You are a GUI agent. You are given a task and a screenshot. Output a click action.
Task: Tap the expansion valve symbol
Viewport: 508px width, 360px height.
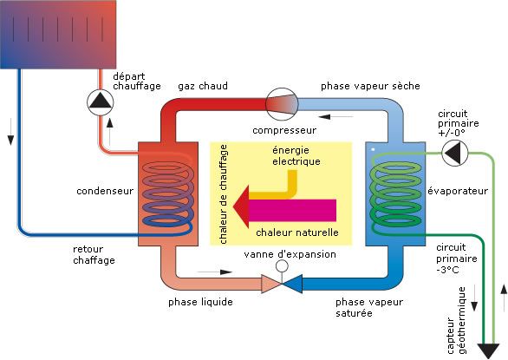tap(281, 282)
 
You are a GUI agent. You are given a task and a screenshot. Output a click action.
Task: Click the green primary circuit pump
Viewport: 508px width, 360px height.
tap(454, 154)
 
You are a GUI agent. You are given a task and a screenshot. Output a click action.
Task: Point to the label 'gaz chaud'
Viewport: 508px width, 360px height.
tap(204, 87)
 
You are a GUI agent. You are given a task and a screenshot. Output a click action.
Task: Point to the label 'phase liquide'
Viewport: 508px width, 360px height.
tap(199, 302)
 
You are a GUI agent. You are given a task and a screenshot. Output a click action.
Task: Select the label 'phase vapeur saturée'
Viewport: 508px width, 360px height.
tap(365, 307)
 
